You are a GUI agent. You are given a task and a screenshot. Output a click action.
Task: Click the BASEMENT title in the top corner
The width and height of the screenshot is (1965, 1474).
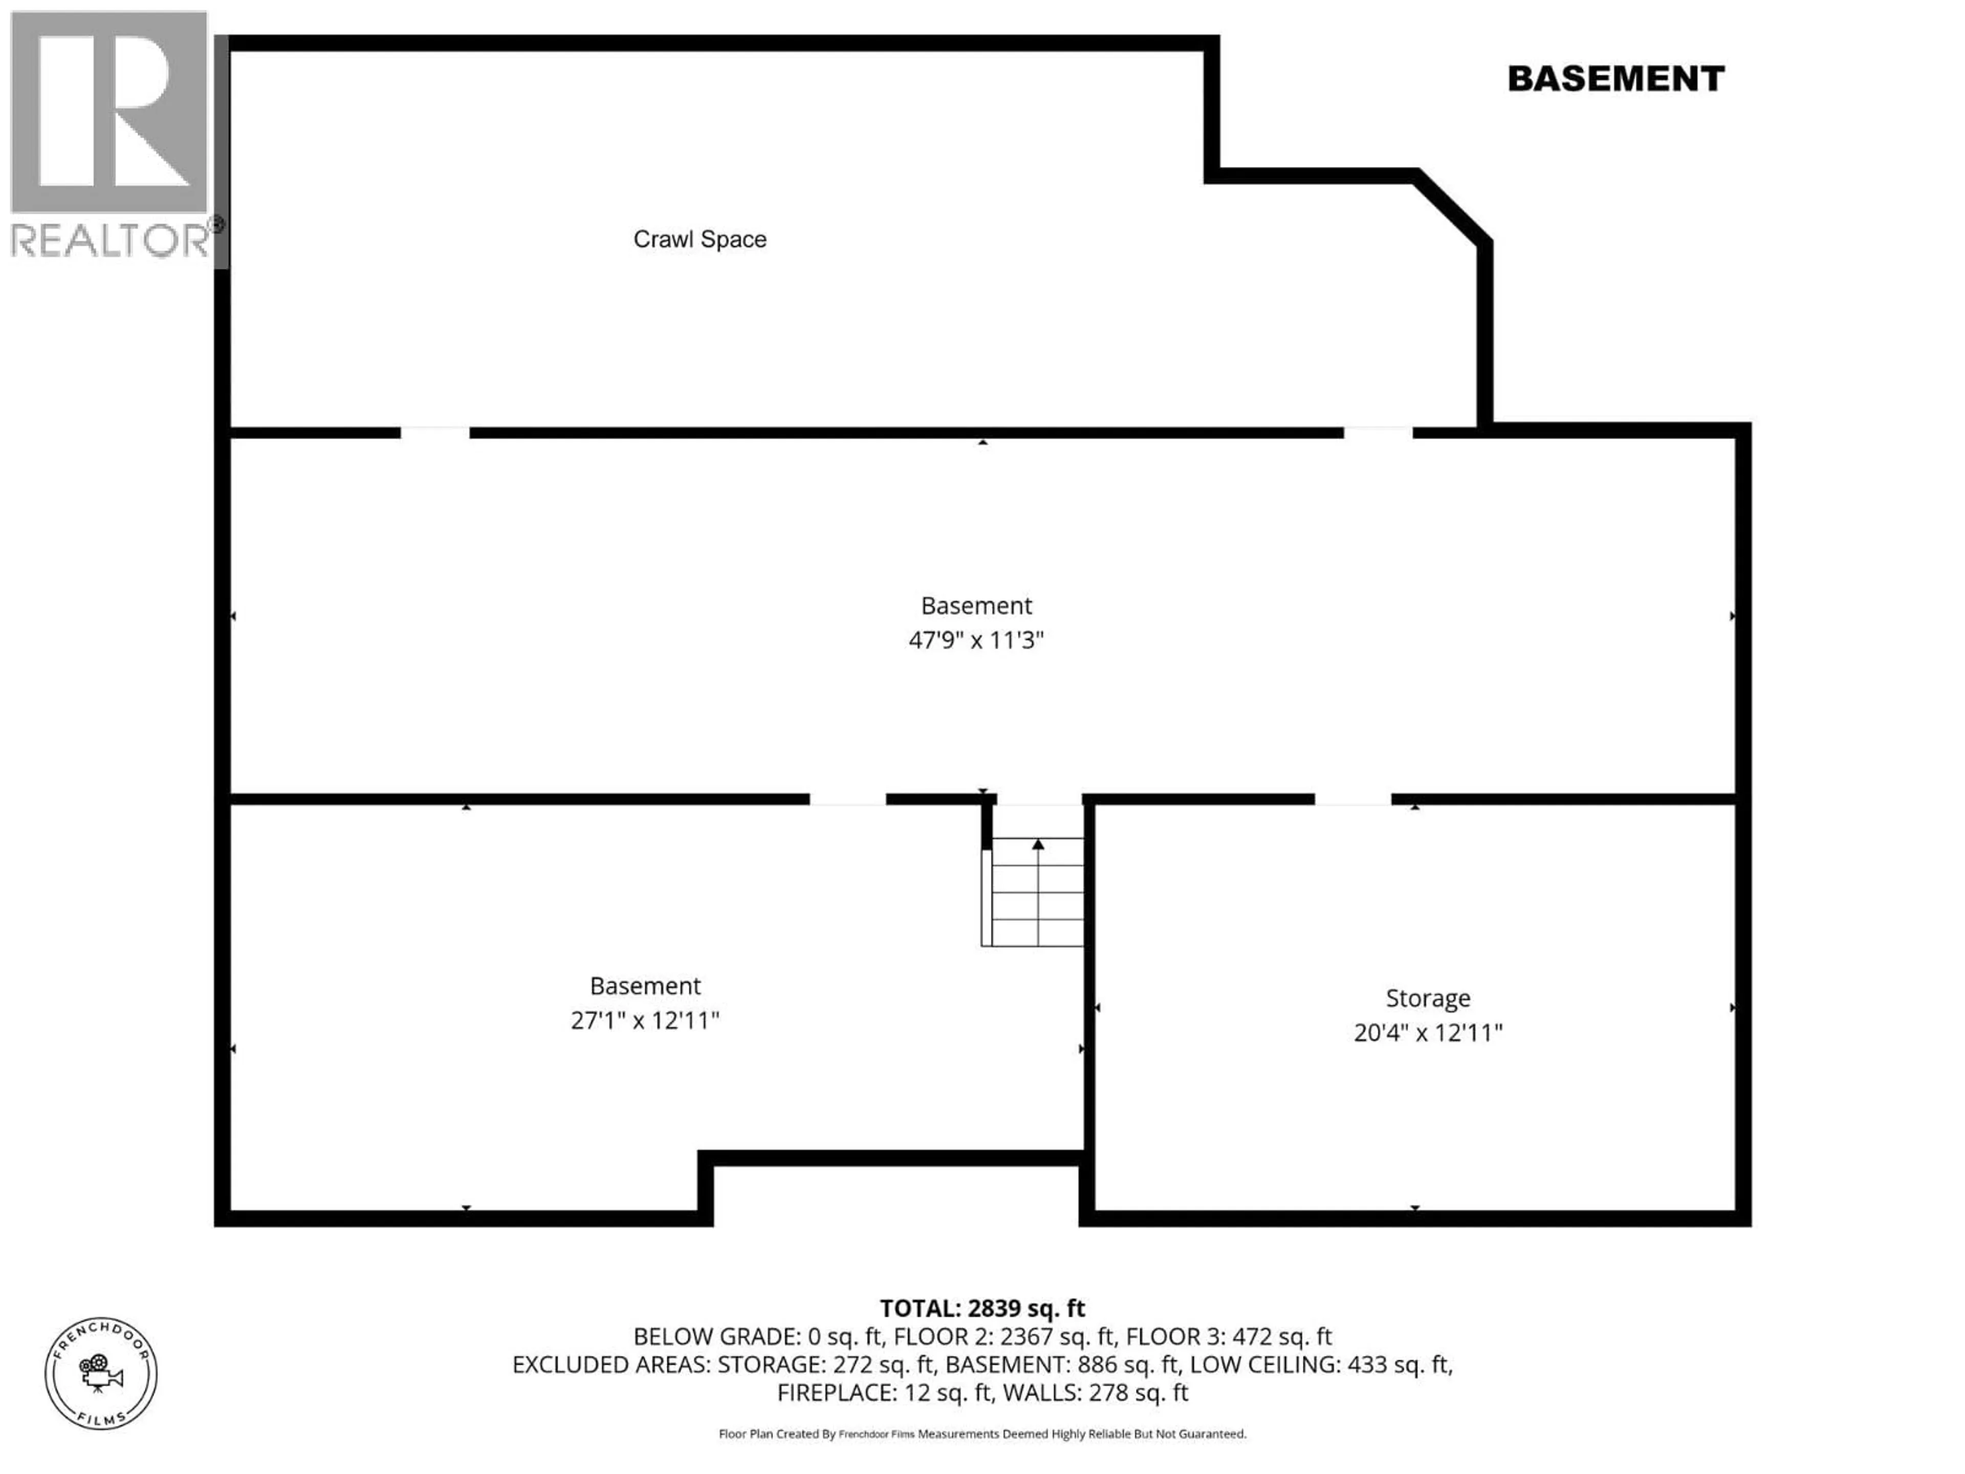coord(1616,79)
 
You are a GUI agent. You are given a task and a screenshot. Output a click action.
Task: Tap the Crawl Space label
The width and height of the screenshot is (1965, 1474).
coord(700,239)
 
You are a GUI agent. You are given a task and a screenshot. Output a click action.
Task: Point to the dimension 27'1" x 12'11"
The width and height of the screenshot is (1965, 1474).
coord(645,1020)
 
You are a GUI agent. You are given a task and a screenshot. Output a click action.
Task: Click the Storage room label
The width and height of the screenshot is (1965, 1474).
coord(1428,999)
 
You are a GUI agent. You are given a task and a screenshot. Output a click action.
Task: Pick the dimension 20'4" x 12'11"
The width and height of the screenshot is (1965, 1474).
coord(1428,1032)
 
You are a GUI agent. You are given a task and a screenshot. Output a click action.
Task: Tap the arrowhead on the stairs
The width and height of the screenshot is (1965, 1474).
coord(1038,843)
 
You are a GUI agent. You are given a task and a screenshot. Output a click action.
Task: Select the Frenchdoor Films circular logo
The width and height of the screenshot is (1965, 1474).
coord(101,1374)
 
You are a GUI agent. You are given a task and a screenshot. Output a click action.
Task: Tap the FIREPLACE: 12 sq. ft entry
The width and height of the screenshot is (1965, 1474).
coord(884,1392)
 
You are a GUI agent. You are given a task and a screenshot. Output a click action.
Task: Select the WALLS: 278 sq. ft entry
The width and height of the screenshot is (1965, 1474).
coord(1095,1392)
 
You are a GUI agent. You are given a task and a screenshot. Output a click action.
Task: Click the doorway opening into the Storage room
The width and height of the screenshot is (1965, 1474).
coord(1353,799)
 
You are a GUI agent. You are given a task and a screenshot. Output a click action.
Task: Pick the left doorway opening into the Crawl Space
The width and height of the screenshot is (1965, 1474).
coord(435,432)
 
